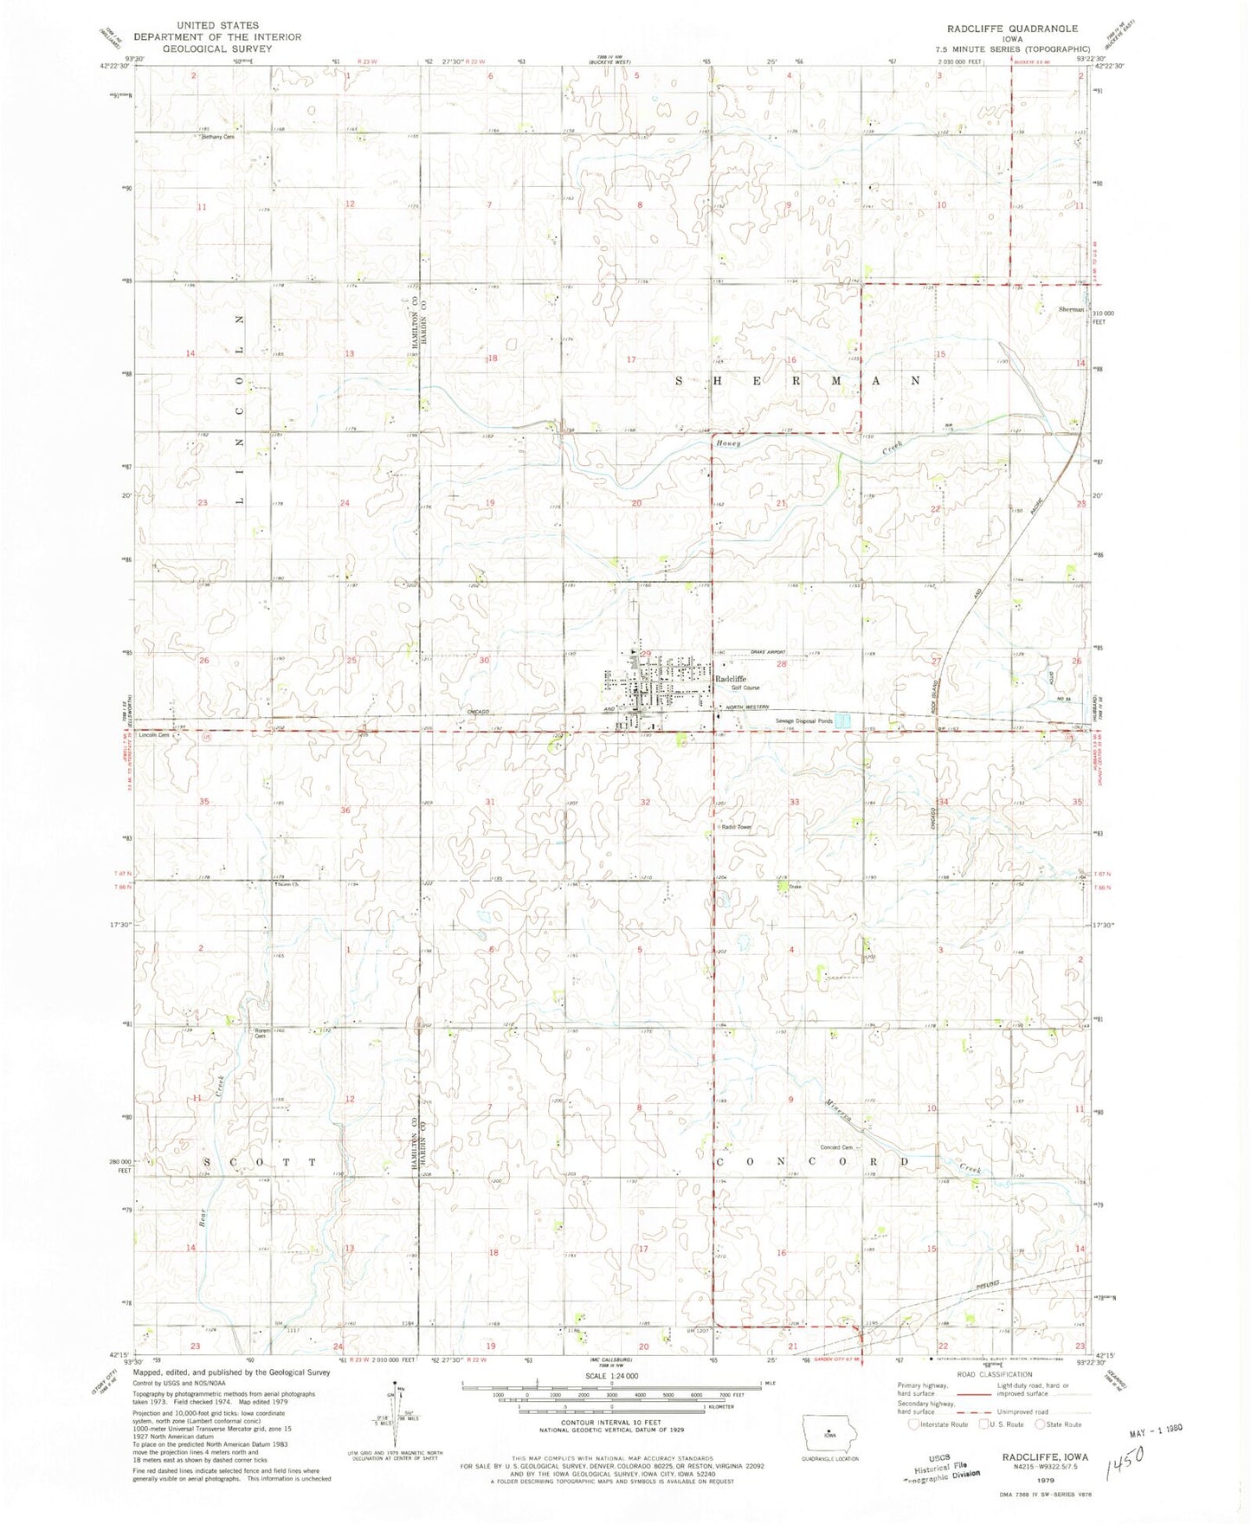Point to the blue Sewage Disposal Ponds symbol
847,720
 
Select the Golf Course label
745,688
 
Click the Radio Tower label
735,827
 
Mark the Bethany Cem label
219,137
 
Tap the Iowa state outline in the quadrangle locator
829,1430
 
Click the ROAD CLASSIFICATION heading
994,1374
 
